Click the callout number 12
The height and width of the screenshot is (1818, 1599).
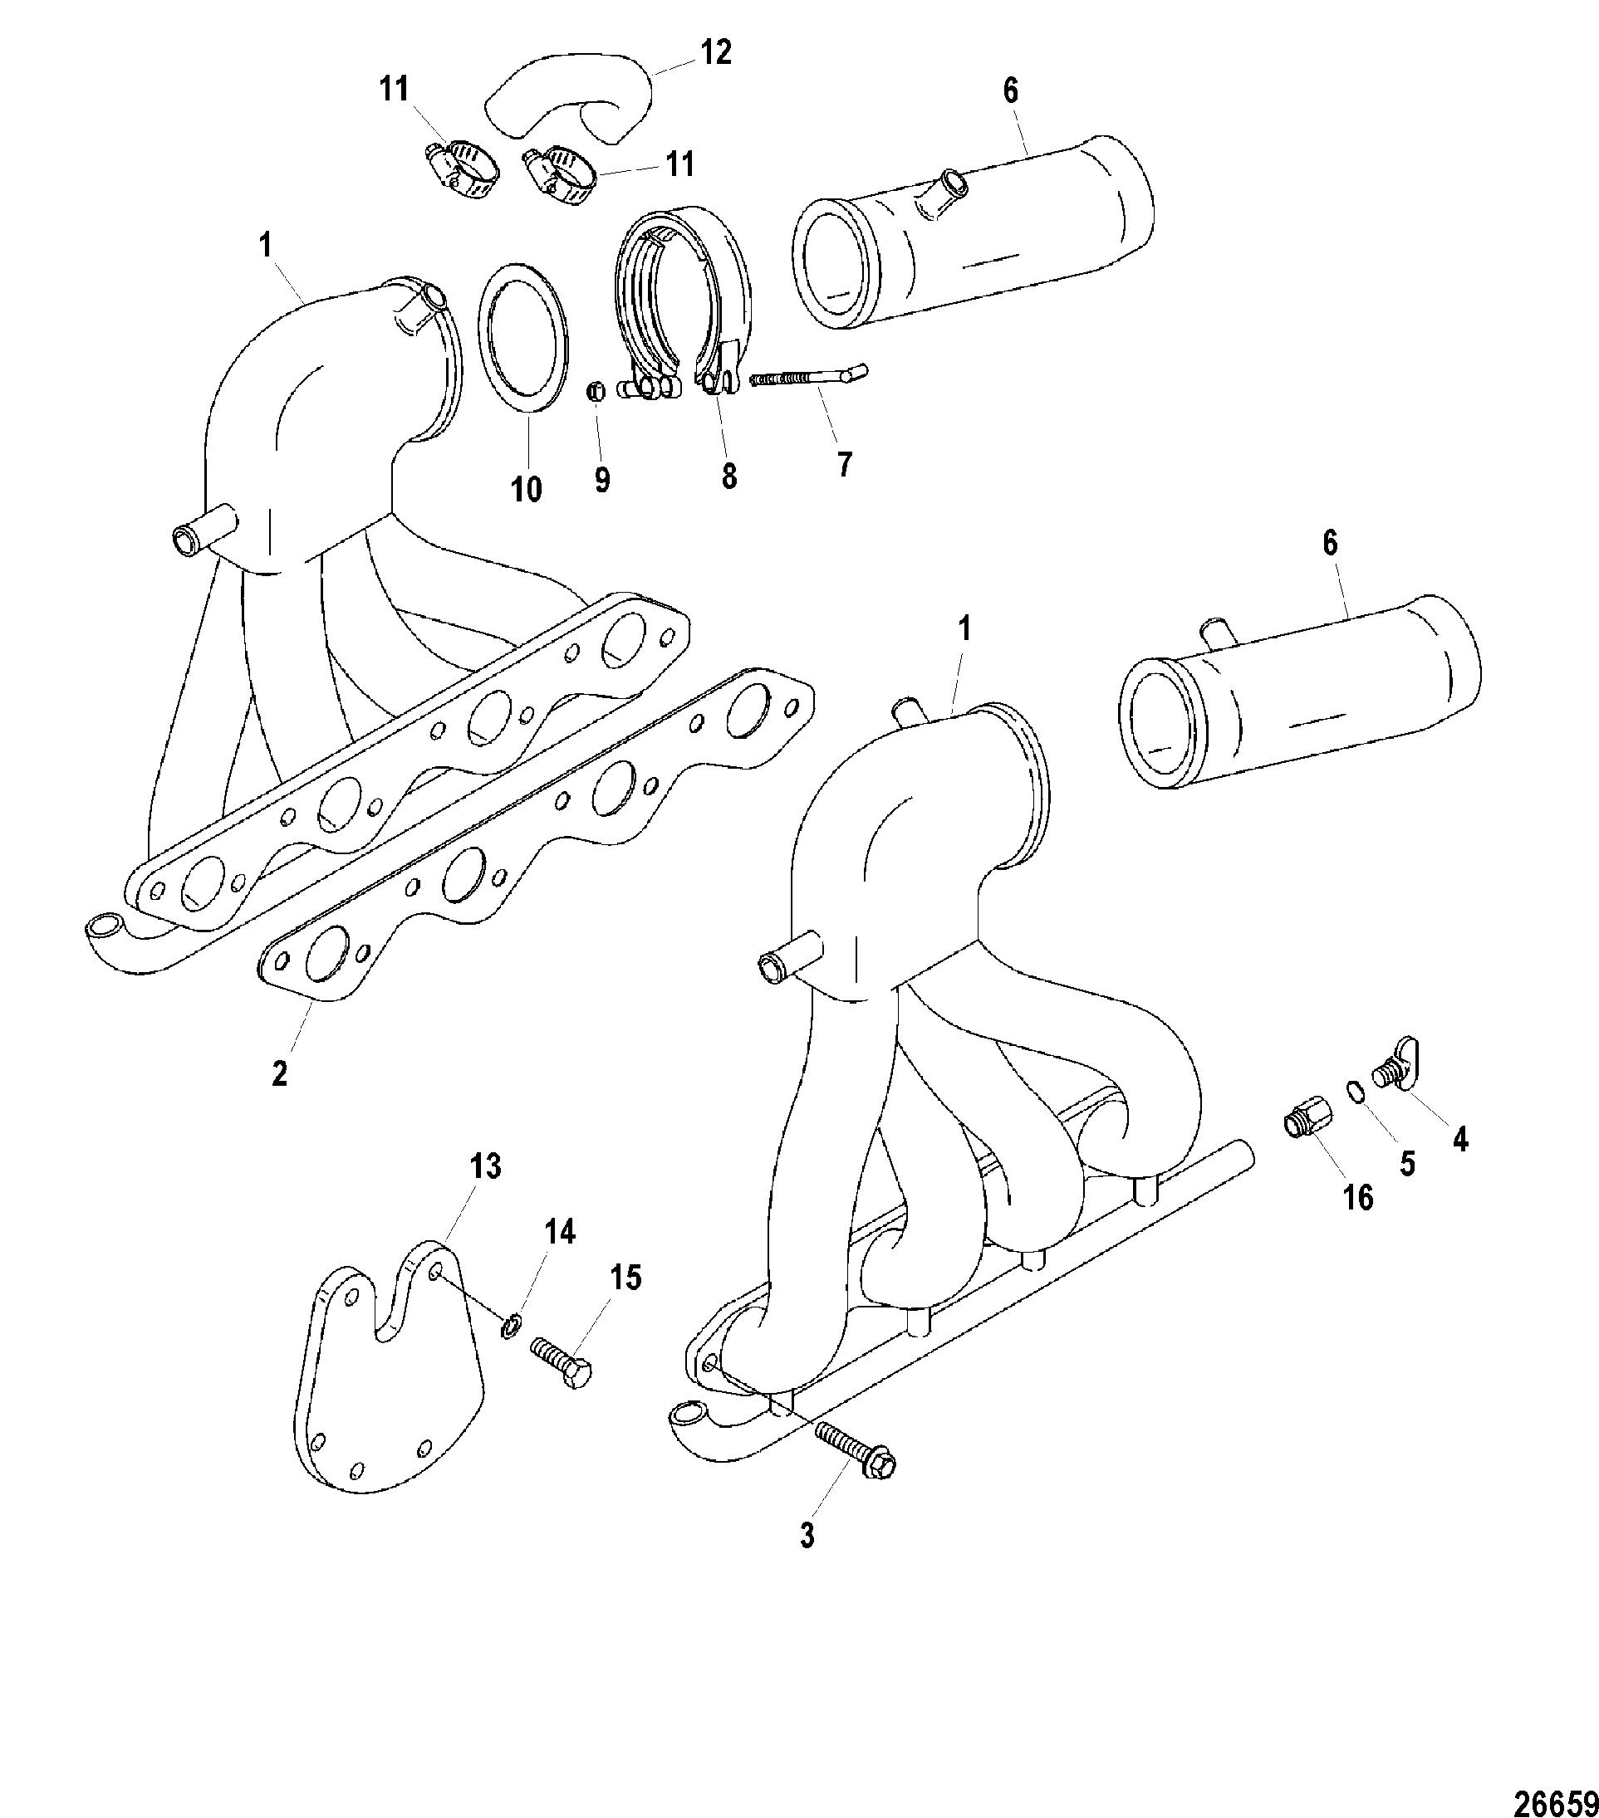715,53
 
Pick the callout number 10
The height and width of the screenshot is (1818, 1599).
526,488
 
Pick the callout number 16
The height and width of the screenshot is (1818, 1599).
1358,1198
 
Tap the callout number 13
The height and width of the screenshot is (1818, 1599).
485,1166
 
